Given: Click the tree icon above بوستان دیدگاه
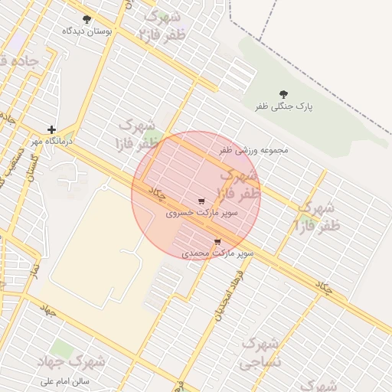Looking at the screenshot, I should pos(86,19).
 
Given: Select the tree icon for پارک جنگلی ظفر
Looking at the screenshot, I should pos(284,94).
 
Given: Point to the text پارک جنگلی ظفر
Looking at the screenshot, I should pos(285,107).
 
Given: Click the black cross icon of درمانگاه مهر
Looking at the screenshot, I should pos(51,130).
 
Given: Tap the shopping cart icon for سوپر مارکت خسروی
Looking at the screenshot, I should pos(201,201).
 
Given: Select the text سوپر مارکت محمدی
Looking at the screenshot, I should pos(218,252).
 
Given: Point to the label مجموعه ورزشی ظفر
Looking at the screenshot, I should pos(254,150).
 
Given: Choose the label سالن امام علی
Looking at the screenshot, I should pos(64,380).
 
